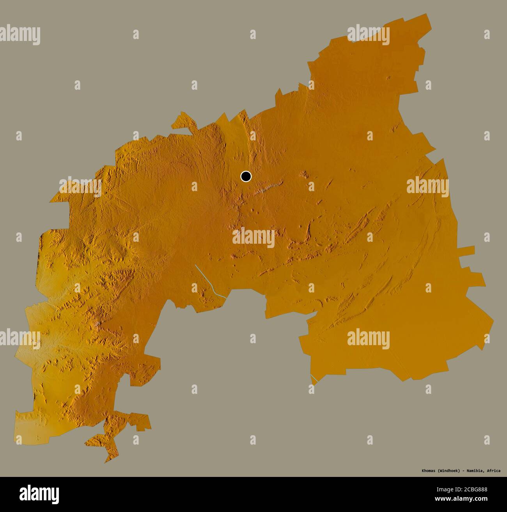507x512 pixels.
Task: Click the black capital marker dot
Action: click(x=246, y=177)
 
